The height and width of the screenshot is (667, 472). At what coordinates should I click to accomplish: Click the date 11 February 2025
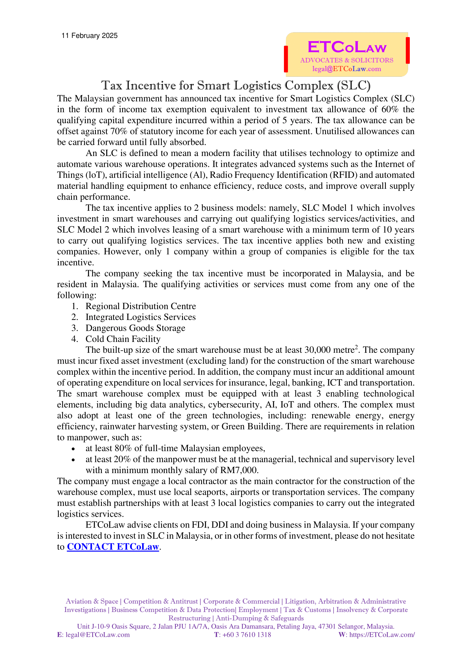[x=90, y=36]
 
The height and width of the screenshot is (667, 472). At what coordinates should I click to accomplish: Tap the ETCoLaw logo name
[x=347, y=47]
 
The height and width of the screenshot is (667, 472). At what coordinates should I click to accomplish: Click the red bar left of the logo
[x=286, y=59]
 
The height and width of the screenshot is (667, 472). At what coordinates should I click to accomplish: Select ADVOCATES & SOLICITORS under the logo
[x=347, y=60]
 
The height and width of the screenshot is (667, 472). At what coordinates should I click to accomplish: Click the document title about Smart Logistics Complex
[x=236, y=86]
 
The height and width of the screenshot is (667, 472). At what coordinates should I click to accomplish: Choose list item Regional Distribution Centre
[x=141, y=306]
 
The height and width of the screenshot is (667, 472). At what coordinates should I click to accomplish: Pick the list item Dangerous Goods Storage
[x=135, y=328]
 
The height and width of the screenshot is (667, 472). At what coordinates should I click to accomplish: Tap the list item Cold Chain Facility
[x=123, y=339]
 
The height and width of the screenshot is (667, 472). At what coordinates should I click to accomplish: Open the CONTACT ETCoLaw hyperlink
[x=113, y=547]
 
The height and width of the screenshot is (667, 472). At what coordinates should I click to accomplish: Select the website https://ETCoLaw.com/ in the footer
[x=382, y=635]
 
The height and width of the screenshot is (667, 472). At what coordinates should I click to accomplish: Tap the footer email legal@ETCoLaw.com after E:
[x=98, y=635]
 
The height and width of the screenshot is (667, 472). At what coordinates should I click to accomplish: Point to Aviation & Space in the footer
[x=92, y=601]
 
